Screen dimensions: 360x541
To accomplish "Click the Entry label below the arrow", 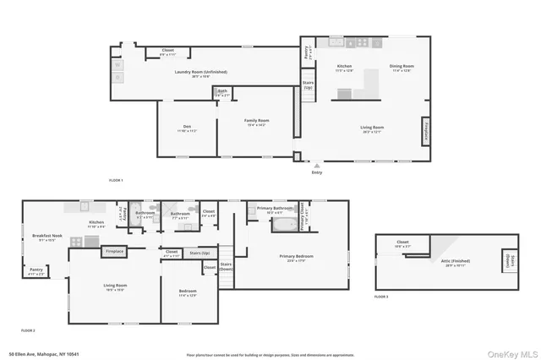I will pyautogui.click(x=317, y=172).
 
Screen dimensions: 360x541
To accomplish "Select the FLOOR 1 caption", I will pyautogui.click(x=116, y=181).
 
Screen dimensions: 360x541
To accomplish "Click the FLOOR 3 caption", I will pyautogui.click(x=381, y=297).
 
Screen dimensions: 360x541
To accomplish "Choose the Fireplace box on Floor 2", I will pyautogui.click(x=114, y=251).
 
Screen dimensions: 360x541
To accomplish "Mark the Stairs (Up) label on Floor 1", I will pyautogui.click(x=308, y=85).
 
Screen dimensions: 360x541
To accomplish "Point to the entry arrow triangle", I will pyautogui.click(x=317, y=166).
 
